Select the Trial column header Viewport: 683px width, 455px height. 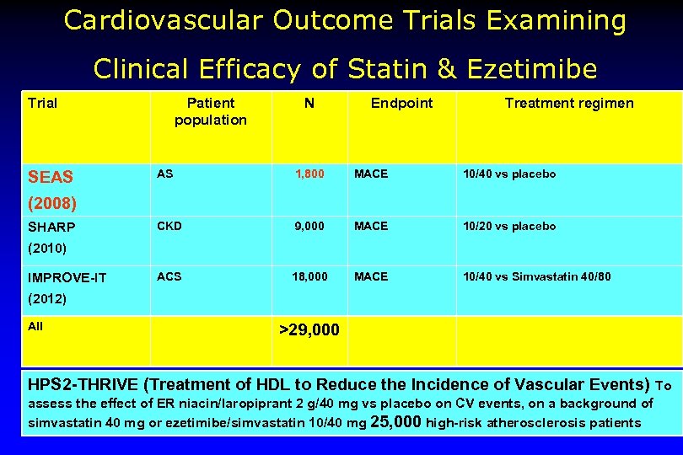click(43, 104)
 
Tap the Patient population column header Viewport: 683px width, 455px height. click(211, 111)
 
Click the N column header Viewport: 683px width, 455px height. click(309, 104)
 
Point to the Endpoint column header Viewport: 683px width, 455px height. click(401, 104)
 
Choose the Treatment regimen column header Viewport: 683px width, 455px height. click(569, 104)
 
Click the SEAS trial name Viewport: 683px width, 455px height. click(51, 177)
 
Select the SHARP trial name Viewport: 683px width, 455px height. click(51, 227)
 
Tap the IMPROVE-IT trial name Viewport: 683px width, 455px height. click(67, 277)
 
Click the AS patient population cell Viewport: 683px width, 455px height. click(165, 174)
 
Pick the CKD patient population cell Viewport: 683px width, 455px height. click(169, 226)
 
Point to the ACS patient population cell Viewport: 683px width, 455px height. click(169, 276)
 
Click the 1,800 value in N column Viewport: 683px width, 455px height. click(309, 174)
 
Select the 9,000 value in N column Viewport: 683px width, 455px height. click(309, 226)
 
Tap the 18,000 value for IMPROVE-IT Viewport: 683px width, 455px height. click(309, 276)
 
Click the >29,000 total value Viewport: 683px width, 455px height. click(309, 329)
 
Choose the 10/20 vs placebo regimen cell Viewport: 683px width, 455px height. click(509, 226)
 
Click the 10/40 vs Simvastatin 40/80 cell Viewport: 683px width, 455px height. click(537, 276)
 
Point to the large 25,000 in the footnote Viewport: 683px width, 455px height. click(396, 422)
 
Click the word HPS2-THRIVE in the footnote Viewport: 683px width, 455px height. click(83, 384)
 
